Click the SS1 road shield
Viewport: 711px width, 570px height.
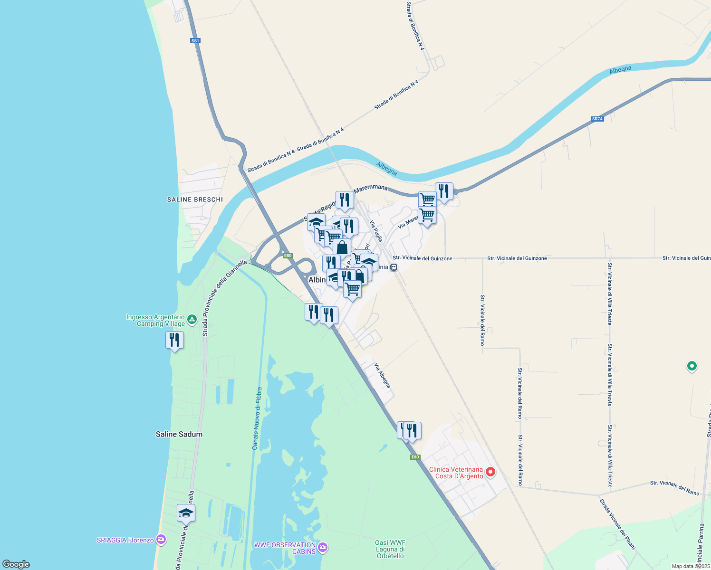click(195, 41)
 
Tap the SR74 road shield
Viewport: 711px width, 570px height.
click(597, 119)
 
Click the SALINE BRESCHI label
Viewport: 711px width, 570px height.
click(195, 199)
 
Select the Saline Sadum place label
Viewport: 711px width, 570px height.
click(179, 434)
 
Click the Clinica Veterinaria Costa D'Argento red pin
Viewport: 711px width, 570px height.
click(490, 472)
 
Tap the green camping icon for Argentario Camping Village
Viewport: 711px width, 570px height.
click(192, 320)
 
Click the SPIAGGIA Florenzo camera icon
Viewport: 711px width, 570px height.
click(161, 539)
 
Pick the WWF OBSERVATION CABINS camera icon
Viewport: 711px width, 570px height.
click(323, 548)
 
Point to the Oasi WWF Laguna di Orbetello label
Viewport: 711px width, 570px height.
click(390, 549)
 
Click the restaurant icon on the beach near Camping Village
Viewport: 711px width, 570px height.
click(174, 340)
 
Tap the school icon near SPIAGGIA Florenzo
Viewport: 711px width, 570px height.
click(186, 513)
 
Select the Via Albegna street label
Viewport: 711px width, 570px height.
click(382, 375)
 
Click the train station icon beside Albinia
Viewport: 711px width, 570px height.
click(394, 267)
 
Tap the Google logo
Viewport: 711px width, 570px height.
click(16, 564)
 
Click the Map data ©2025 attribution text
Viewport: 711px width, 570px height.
click(691, 566)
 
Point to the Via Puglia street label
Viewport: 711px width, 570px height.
click(376, 231)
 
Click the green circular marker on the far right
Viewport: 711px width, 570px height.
click(692, 366)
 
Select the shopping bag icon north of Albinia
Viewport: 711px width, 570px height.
click(342, 247)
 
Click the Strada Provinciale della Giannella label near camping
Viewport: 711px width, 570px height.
click(225, 298)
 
